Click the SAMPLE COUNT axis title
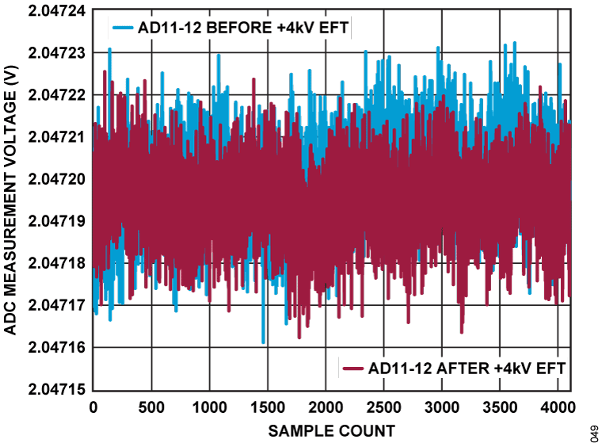click(331, 430)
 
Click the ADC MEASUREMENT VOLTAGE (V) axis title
click(11, 198)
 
